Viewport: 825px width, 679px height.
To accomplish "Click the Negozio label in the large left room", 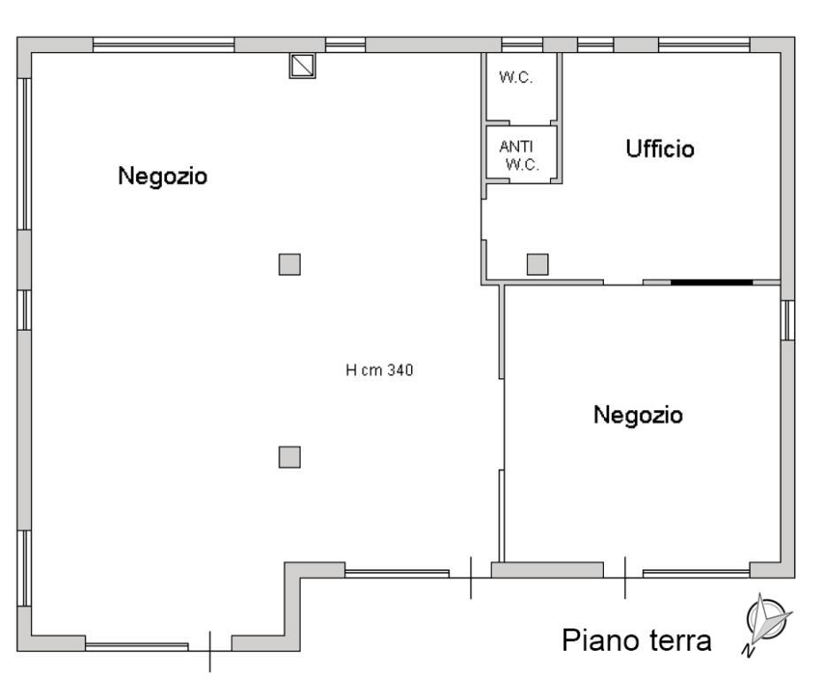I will [x=163, y=176].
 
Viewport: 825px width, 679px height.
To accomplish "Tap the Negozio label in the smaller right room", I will [x=638, y=414].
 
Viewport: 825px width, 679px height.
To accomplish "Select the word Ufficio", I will [x=660, y=149].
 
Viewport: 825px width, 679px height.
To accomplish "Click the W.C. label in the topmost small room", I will [x=515, y=77].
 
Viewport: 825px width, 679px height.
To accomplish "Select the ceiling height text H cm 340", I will [x=379, y=371].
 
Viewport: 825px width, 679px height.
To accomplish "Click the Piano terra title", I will [x=637, y=641].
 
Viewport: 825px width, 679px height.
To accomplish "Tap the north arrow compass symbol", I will [x=765, y=623].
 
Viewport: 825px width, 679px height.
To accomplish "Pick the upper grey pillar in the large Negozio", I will [x=289, y=263].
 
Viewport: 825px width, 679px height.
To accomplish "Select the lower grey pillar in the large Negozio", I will [x=289, y=456].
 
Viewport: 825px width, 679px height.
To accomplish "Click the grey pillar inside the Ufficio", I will [x=538, y=263].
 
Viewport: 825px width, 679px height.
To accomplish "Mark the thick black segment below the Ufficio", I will [x=711, y=282].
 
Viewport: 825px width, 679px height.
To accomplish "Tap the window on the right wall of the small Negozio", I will [x=787, y=320].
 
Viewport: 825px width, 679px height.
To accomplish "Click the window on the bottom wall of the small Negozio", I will [x=695, y=574].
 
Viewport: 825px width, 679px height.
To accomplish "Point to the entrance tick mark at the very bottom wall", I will [x=210, y=652].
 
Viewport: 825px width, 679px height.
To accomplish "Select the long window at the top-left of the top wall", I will [x=164, y=45].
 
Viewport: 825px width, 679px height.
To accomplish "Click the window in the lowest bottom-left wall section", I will [x=136, y=646].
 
